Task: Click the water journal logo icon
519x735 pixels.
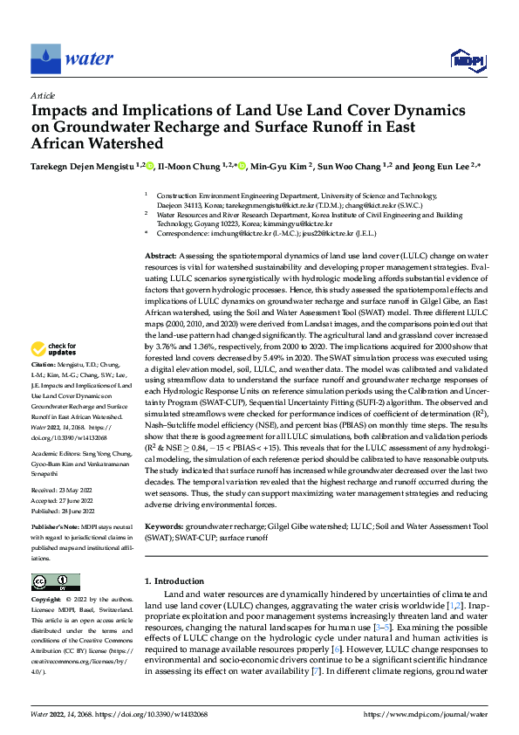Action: point(45,58)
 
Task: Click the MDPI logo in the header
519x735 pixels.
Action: point(466,59)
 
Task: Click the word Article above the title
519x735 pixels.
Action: point(43,96)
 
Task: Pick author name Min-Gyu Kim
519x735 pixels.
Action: point(284,166)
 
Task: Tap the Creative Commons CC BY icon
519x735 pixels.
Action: point(55,582)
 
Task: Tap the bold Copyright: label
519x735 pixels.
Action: point(47,601)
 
